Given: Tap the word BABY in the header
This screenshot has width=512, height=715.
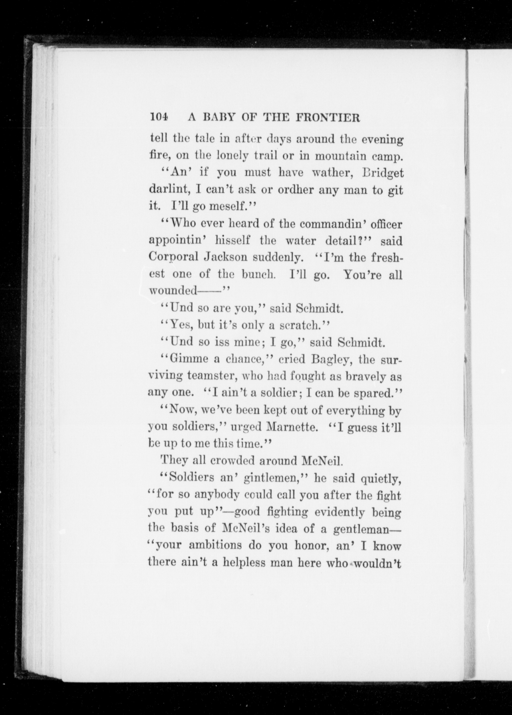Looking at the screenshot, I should click(x=219, y=118).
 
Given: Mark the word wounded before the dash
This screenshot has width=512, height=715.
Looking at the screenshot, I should click(x=172, y=291).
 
